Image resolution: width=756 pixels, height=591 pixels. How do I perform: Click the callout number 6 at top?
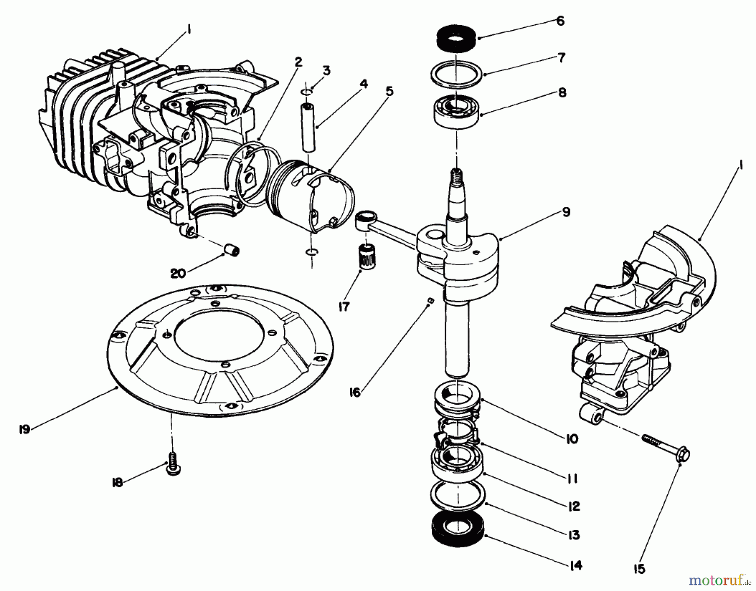click(x=560, y=21)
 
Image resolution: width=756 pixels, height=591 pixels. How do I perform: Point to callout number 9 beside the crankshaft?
click(x=566, y=212)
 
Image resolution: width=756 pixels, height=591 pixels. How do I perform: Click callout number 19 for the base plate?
click(x=25, y=429)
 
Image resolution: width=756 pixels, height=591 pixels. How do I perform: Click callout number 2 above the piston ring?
click(x=298, y=62)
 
